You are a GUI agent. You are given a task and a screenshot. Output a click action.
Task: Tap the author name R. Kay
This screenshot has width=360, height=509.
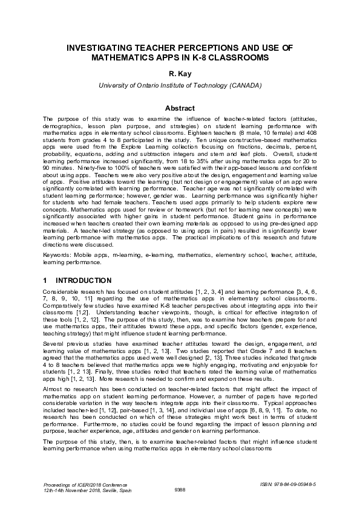(x=180, y=73)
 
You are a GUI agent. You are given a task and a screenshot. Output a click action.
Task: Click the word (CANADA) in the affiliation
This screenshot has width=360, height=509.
(x=244, y=85)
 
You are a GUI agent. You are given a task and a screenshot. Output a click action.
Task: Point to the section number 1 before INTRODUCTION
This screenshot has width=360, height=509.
(x=45, y=280)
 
